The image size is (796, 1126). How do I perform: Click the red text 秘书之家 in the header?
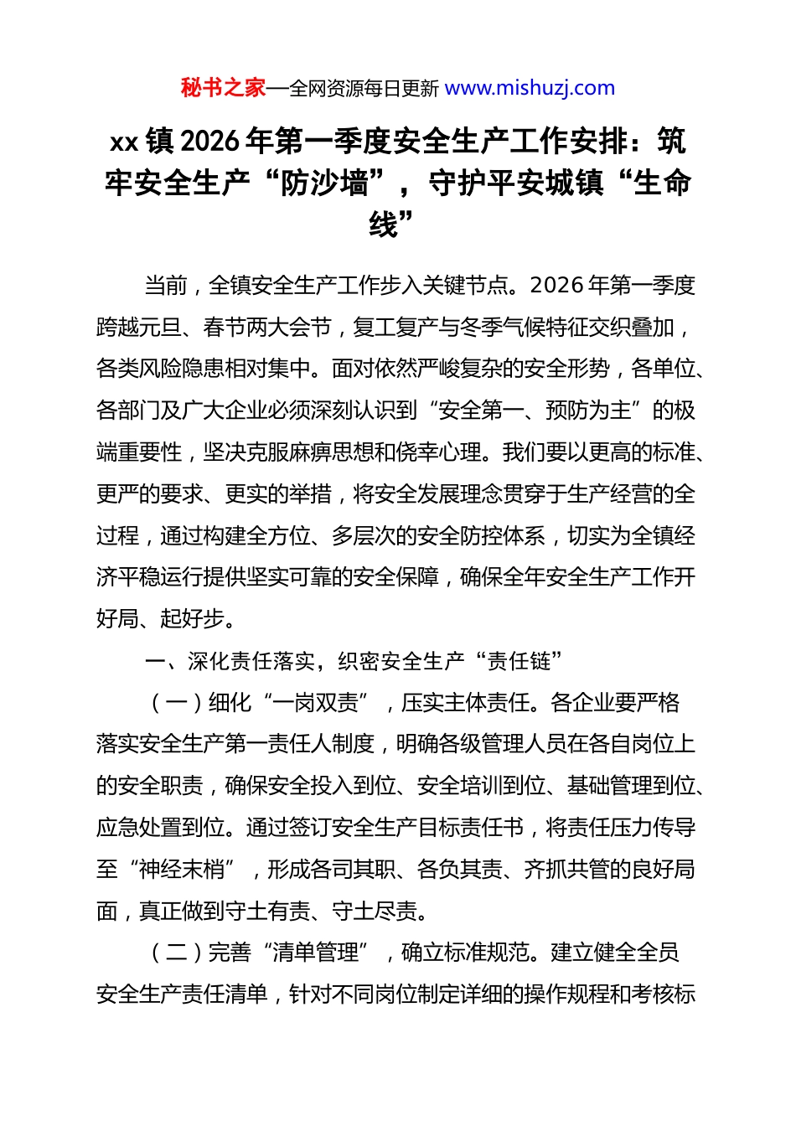tap(223, 88)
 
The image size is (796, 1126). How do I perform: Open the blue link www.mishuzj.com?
tap(530, 88)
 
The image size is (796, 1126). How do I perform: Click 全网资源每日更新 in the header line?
tap(364, 88)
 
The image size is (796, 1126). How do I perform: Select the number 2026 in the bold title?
tap(209, 141)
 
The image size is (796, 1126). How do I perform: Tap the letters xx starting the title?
tap(124, 142)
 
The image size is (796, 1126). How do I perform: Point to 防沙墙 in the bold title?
tap(325, 183)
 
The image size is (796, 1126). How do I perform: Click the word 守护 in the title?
tap(458, 183)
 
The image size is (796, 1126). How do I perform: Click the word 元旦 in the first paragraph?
tap(160, 328)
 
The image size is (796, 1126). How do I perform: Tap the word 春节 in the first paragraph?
tap(225, 328)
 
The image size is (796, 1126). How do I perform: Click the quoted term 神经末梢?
tap(182, 870)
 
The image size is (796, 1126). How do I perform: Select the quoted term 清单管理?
tap(315, 953)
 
